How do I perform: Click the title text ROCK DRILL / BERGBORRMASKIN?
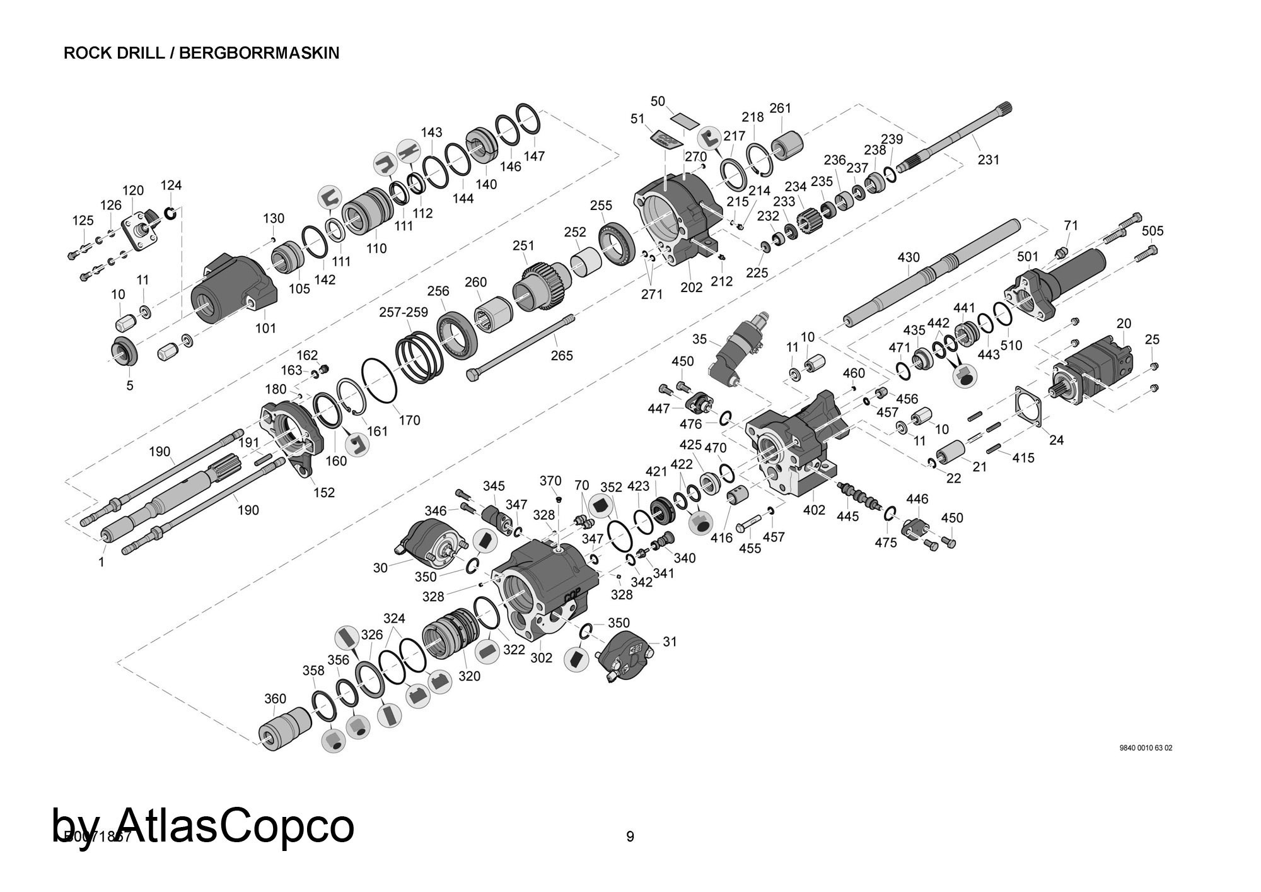pyautogui.click(x=201, y=53)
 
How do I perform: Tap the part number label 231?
pyautogui.click(x=988, y=160)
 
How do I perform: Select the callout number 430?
pyautogui.click(x=908, y=257)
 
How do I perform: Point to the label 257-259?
pyautogui.click(x=404, y=312)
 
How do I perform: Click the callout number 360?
pyautogui.click(x=275, y=698)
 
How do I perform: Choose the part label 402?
pyautogui.click(x=814, y=510)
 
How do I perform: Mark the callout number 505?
pyautogui.click(x=1152, y=231)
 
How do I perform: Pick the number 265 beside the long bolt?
pyautogui.click(x=561, y=356)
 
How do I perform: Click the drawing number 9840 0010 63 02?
pyautogui.click(x=1146, y=748)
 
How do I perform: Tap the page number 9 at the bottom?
pyautogui.click(x=630, y=836)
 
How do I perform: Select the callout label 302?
pyautogui.click(x=541, y=657)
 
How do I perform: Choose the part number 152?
pyautogui.click(x=324, y=493)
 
